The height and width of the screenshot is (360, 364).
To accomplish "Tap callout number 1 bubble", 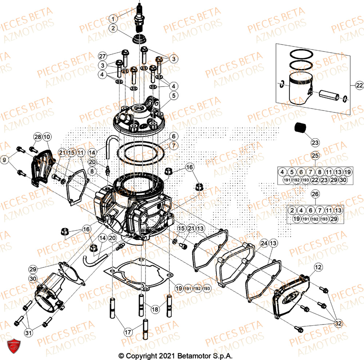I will coord(114,18).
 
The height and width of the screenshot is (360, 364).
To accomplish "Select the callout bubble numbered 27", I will coord(103,56).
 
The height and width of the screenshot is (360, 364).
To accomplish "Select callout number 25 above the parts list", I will coord(315,156).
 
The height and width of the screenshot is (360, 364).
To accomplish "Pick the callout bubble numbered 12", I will coord(318,267).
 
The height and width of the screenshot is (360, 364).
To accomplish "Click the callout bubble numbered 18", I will coord(155,309).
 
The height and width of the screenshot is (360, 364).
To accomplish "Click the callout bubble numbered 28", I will coord(37,137).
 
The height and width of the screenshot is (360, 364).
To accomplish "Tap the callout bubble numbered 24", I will coord(264,243).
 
